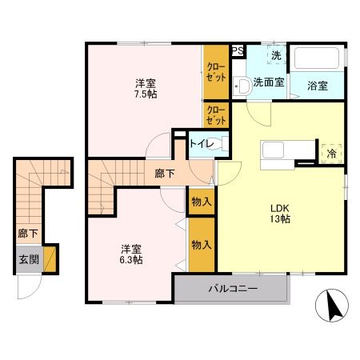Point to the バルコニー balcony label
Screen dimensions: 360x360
point(233,288)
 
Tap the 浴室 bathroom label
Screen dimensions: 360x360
point(318,85)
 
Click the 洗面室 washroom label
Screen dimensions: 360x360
point(268,82)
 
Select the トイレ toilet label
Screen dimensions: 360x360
point(200,145)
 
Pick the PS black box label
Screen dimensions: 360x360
point(238,50)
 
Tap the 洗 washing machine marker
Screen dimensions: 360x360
point(275,56)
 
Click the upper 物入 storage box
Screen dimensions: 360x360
point(201,202)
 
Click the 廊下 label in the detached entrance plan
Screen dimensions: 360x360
point(28,234)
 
